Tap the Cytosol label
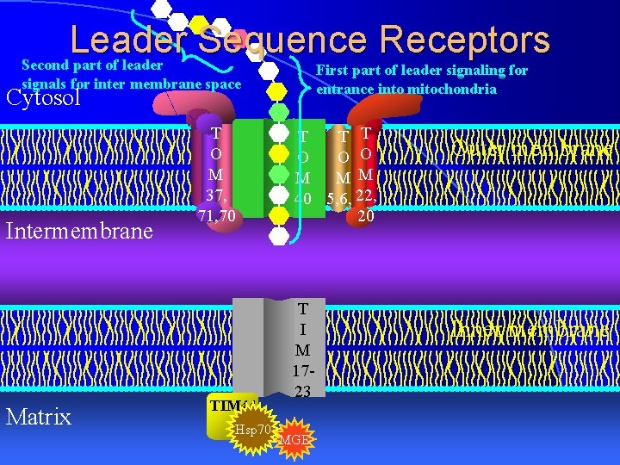(43, 97)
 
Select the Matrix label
(38, 417)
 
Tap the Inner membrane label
(532, 330)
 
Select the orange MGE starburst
(294, 439)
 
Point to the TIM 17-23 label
(302, 350)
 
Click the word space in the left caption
(220, 84)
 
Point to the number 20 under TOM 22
(365, 217)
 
